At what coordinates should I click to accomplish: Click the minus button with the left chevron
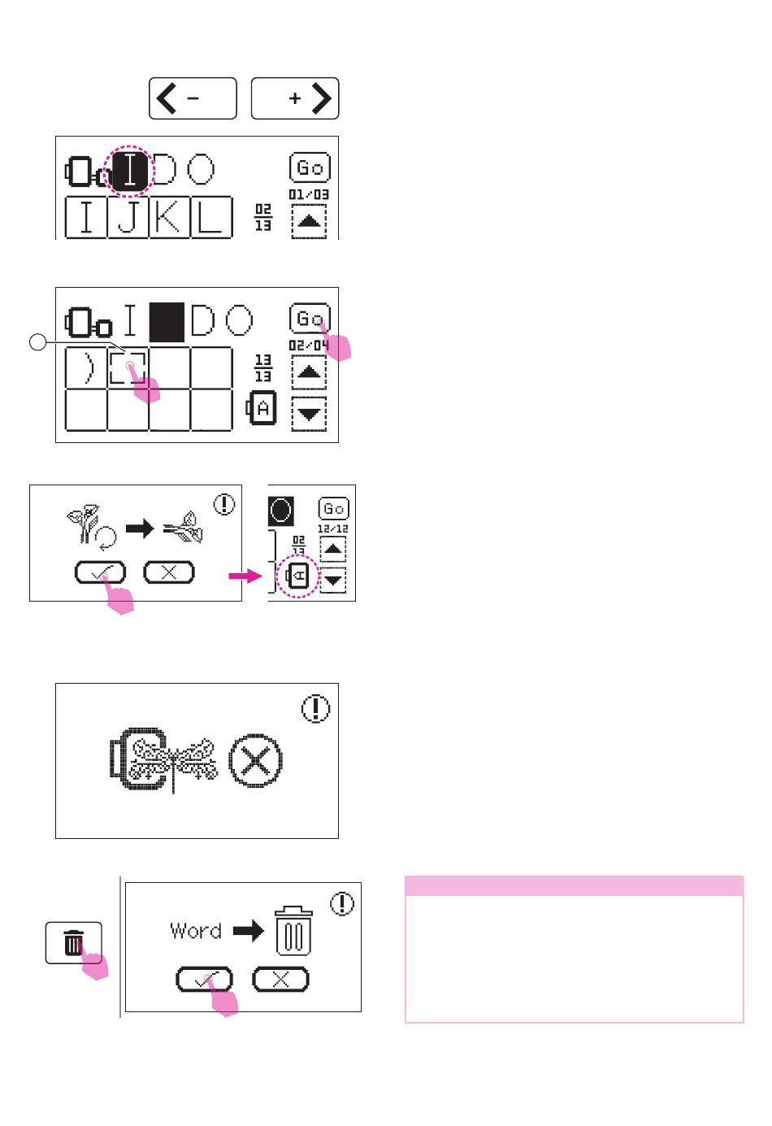[193, 98]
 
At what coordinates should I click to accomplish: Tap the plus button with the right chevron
[295, 98]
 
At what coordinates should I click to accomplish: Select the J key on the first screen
[128, 217]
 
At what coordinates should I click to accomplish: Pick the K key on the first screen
[169, 217]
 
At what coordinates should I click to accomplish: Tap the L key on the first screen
[210, 217]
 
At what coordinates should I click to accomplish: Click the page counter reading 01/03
[309, 195]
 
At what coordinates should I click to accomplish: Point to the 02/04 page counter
[309, 346]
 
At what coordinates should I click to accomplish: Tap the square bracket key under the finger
[128, 367]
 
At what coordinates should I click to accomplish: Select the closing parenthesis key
[87, 367]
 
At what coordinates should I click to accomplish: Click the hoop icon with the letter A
[262, 408]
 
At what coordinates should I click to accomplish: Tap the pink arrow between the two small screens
[245, 576]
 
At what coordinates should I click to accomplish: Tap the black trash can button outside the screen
[73, 943]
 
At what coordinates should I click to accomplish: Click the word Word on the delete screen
[196, 931]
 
